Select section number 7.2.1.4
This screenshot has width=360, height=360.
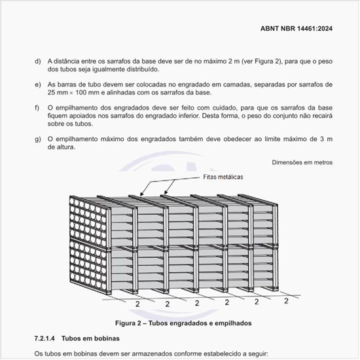43,339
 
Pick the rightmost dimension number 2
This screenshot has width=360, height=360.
286,301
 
